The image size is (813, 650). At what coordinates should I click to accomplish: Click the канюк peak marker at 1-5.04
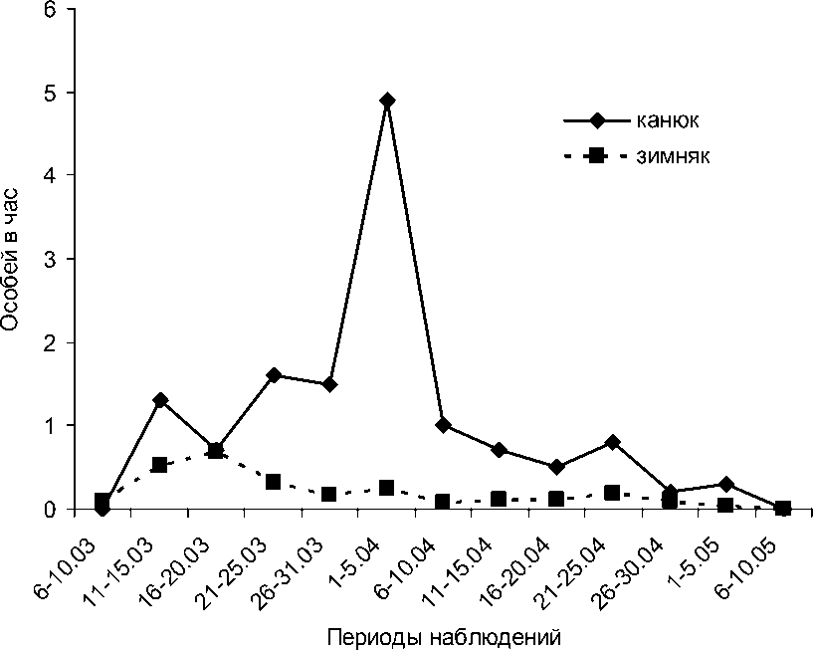[x=387, y=101]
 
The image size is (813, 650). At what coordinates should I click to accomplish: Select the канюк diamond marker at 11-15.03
[x=159, y=400]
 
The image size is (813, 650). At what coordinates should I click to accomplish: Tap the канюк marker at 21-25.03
[x=274, y=375]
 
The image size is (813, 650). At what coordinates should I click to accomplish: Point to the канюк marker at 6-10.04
[x=444, y=425]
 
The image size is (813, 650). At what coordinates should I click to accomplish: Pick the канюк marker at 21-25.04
[x=613, y=442]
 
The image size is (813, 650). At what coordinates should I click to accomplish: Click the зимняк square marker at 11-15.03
[x=159, y=465]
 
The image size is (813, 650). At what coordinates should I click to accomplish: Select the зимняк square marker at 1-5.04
[x=387, y=488]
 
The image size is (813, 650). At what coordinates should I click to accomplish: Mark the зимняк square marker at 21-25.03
[x=274, y=482]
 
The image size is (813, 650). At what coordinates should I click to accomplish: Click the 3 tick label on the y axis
[x=51, y=259]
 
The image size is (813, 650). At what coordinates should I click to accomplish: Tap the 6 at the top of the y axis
[x=51, y=10]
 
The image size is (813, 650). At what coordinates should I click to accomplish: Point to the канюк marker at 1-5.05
[x=726, y=484]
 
